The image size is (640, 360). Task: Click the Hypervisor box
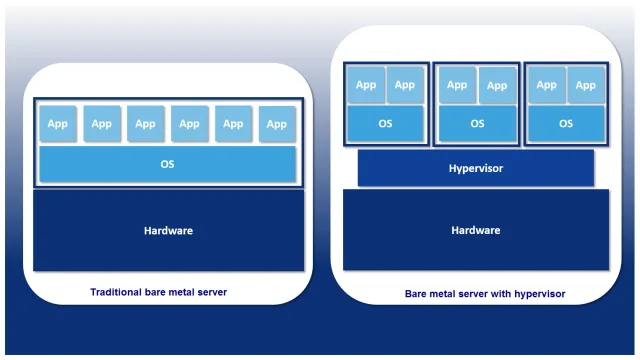(475, 168)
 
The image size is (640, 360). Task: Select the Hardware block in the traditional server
(168, 230)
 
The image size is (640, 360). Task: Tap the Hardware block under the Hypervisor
(475, 230)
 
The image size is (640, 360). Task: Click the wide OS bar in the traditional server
(167, 164)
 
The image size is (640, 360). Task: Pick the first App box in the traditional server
(58, 124)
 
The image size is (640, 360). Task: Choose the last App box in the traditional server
(277, 124)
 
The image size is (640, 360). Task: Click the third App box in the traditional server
(145, 124)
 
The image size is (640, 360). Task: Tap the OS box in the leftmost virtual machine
(386, 124)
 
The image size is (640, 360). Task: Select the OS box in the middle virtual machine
(476, 124)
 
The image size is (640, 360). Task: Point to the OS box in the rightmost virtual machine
(565, 124)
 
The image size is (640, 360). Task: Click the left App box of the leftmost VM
(366, 85)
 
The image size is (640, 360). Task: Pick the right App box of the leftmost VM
(404, 85)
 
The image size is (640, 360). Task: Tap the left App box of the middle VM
(456, 85)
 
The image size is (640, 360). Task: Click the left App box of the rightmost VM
(546, 85)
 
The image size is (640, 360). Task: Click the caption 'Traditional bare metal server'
(159, 292)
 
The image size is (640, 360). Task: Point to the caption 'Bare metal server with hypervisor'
(485, 294)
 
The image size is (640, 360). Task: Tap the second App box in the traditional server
(102, 124)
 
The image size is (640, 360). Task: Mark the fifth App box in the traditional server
(233, 124)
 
